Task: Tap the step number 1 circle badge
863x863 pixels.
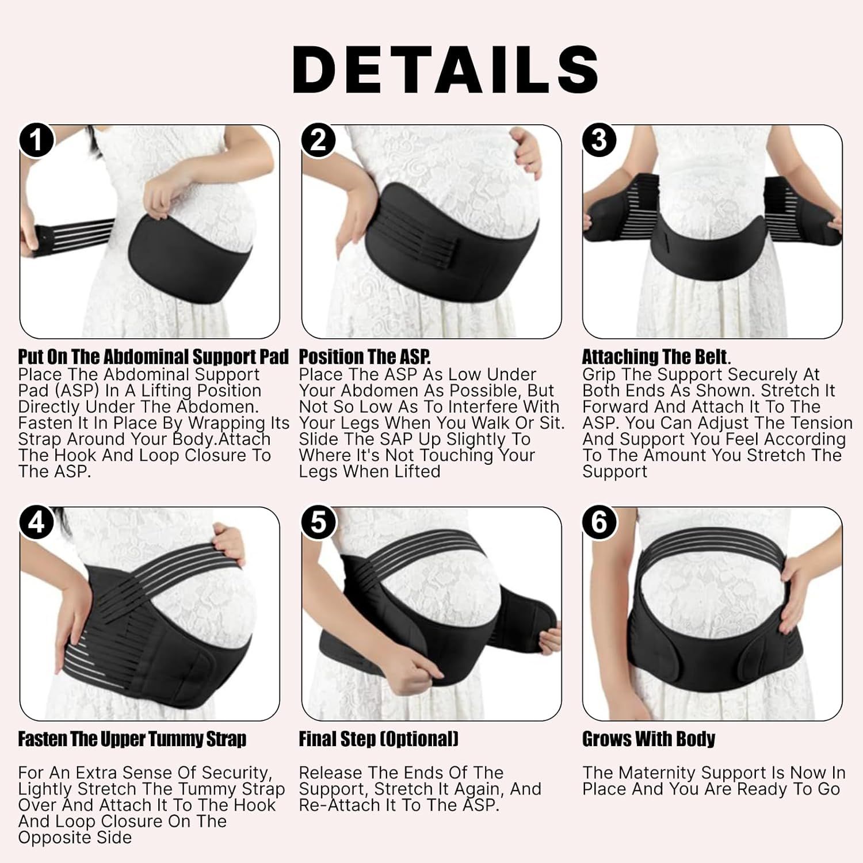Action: pos(36,140)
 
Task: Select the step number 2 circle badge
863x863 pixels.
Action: pos(318,140)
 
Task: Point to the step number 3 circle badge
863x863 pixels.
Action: pos(599,140)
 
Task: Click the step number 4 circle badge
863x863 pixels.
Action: pos(36,523)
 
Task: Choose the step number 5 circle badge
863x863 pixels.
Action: pos(318,523)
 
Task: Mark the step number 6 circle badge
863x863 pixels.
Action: pos(599,523)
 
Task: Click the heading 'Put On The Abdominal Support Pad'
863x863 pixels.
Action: pos(153,357)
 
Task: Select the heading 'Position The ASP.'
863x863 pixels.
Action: pos(364,357)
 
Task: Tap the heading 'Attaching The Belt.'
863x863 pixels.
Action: pos(656,357)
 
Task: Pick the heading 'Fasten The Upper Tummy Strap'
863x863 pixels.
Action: pos(132,739)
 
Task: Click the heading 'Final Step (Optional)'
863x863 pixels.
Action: pos(378,739)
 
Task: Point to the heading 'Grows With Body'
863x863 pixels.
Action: pos(648,739)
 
